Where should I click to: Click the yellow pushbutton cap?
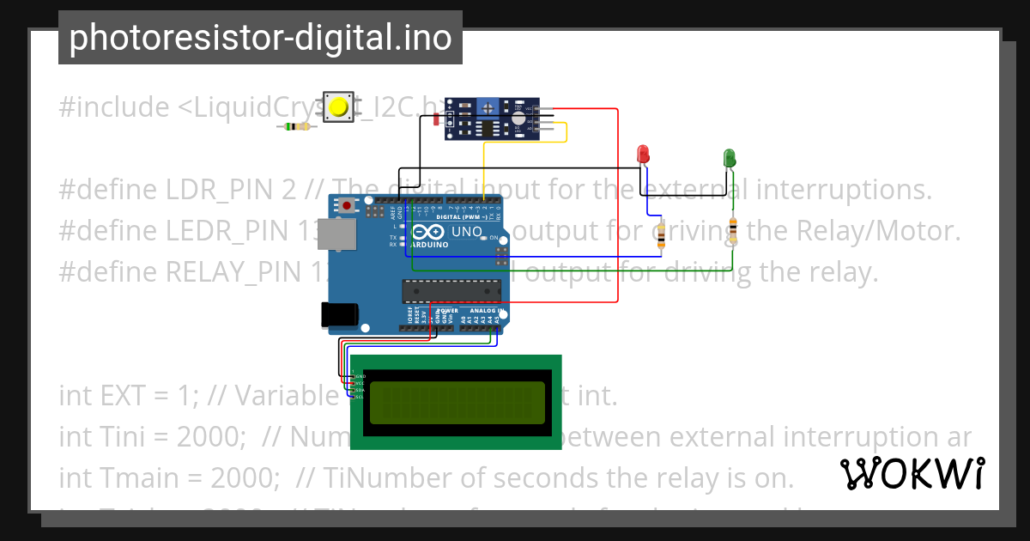[339, 107]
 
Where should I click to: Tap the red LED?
[643, 155]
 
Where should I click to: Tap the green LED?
[730, 158]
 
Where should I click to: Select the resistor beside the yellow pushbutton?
[297, 127]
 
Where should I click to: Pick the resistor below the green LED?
[732, 230]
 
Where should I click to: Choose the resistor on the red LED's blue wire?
[660, 235]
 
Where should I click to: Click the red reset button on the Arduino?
[347, 205]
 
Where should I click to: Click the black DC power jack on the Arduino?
[337, 315]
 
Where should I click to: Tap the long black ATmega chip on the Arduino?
[451, 292]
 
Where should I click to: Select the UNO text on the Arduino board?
[467, 232]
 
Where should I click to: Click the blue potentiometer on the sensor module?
[488, 107]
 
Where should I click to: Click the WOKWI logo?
[912, 473]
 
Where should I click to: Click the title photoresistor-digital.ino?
[260, 38]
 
